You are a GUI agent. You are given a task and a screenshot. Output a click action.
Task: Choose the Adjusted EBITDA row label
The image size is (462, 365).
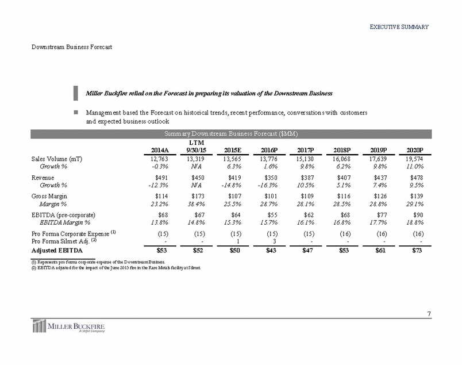tap(52, 250)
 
